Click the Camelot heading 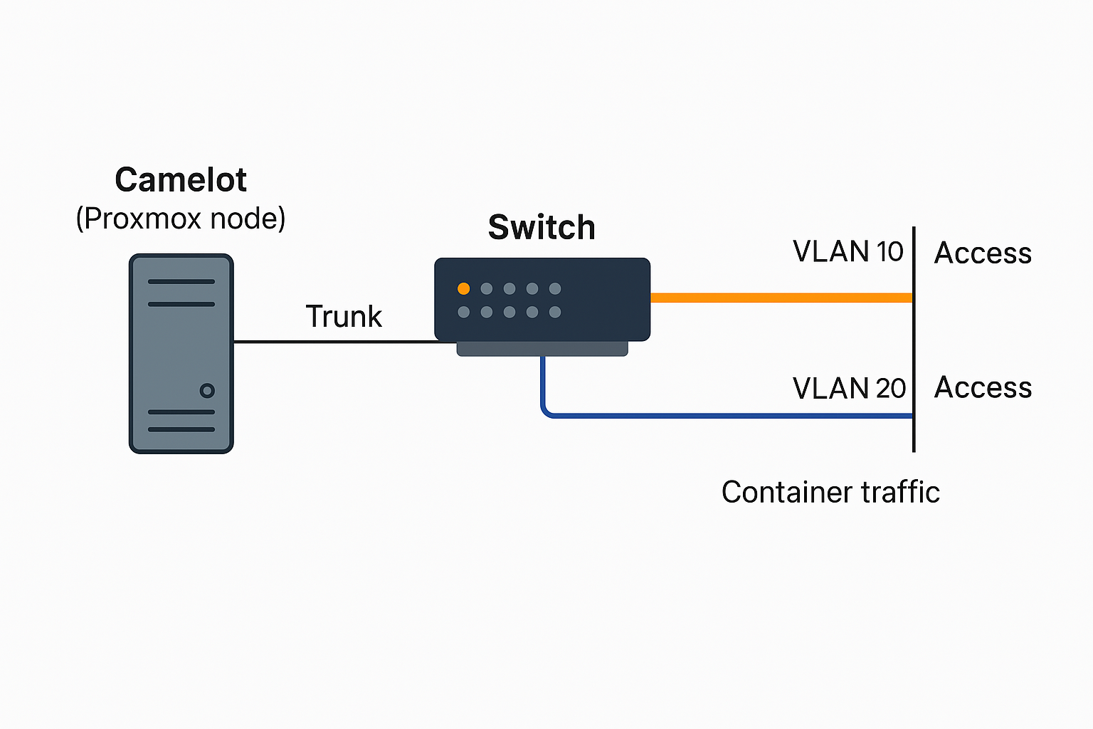[x=181, y=180]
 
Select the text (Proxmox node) [x=181, y=219]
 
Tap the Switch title [x=542, y=228]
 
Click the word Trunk [x=344, y=317]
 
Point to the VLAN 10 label [x=848, y=252]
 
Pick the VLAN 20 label [x=849, y=389]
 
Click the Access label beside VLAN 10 [x=983, y=253]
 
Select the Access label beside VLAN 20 [x=983, y=388]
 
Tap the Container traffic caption [x=830, y=493]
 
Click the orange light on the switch [x=464, y=288]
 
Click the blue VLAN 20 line [x=726, y=415]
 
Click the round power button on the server [x=207, y=390]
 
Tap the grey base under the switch [x=542, y=348]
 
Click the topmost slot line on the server [x=181, y=281]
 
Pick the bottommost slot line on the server [x=181, y=429]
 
